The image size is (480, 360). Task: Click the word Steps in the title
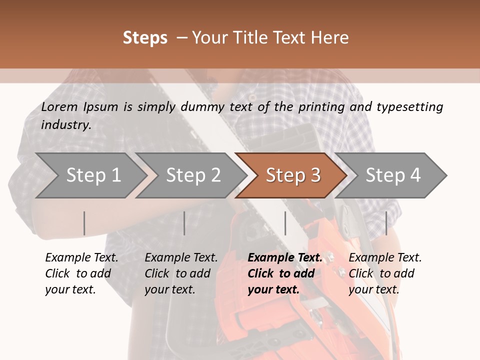145,38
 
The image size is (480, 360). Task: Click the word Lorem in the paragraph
59,106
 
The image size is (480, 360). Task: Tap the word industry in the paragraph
66,124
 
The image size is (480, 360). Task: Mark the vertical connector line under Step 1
84,223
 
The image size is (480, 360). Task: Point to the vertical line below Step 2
184,223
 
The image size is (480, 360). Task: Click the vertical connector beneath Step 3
285,223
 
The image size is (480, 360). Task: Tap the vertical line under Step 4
386,223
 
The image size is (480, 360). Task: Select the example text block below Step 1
81,273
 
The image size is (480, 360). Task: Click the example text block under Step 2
181,273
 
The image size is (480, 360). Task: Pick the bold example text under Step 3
284,273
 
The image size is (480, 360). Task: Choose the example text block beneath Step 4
385,273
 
